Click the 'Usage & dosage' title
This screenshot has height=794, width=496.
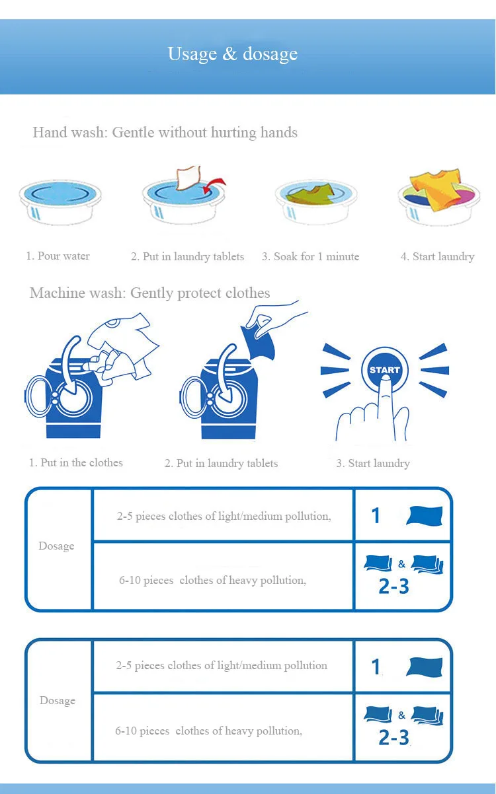click(233, 54)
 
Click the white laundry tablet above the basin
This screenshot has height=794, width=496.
click(188, 177)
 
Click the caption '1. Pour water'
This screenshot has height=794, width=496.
click(58, 256)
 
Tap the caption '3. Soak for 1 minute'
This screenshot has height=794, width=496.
click(310, 256)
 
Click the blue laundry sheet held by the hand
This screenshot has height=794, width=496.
click(259, 342)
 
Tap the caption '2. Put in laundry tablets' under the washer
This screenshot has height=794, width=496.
click(221, 463)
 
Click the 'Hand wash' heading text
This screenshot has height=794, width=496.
click(70, 132)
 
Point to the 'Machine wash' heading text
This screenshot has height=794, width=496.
click(77, 293)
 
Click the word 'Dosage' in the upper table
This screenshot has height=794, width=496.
click(56, 546)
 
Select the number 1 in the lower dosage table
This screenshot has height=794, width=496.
click(376, 667)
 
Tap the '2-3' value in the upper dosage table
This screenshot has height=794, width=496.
click(393, 586)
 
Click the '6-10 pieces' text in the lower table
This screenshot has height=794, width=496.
click(142, 731)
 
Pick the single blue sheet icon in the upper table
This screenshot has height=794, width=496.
click(425, 516)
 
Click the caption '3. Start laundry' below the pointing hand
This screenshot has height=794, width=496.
click(373, 463)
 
